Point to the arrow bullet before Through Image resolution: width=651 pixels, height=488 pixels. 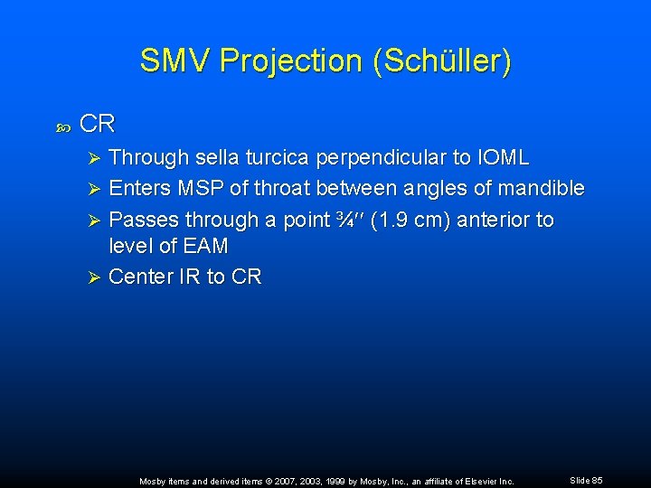click(91, 158)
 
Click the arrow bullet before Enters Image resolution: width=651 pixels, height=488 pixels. click(91, 189)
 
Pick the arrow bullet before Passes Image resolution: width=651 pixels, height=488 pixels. click(91, 220)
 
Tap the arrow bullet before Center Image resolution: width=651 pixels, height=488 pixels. click(91, 277)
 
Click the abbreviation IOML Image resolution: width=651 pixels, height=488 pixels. click(499, 158)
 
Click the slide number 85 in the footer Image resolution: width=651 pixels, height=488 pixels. click(596, 480)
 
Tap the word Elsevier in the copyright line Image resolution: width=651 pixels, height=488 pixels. click(469, 481)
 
